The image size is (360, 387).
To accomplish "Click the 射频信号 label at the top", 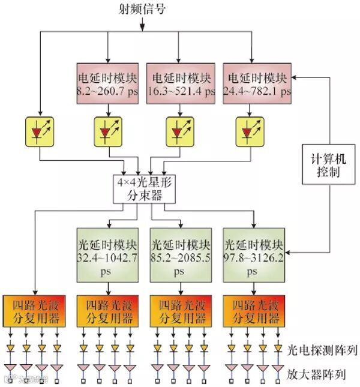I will (142, 9).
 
